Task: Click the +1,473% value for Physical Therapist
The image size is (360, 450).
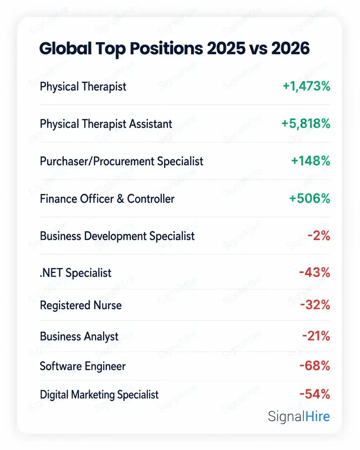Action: (x=306, y=86)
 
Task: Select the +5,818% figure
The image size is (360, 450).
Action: (x=306, y=123)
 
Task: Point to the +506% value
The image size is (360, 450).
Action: (x=310, y=198)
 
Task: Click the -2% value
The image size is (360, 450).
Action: (x=319, y=236)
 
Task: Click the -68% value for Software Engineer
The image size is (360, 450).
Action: (x=315, y=366)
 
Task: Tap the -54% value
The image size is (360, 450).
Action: (x=315, y=394)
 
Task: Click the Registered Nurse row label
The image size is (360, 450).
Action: (x=81, y=305)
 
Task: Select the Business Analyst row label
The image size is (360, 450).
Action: (x=79, y=337)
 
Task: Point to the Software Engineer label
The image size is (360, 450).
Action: (x=82, y=366)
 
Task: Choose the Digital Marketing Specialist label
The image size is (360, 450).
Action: (x=99, y=395)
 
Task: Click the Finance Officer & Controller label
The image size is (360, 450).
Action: (x=107, y=198)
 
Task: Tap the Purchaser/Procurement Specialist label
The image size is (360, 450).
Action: (x=122, y=161)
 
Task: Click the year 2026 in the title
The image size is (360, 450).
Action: (x=290, y=48)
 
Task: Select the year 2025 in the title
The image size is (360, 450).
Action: (x=226, y=48)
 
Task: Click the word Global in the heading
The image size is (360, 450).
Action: (x=65, y=48)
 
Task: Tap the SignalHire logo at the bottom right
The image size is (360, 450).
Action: (x=299, y=416)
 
